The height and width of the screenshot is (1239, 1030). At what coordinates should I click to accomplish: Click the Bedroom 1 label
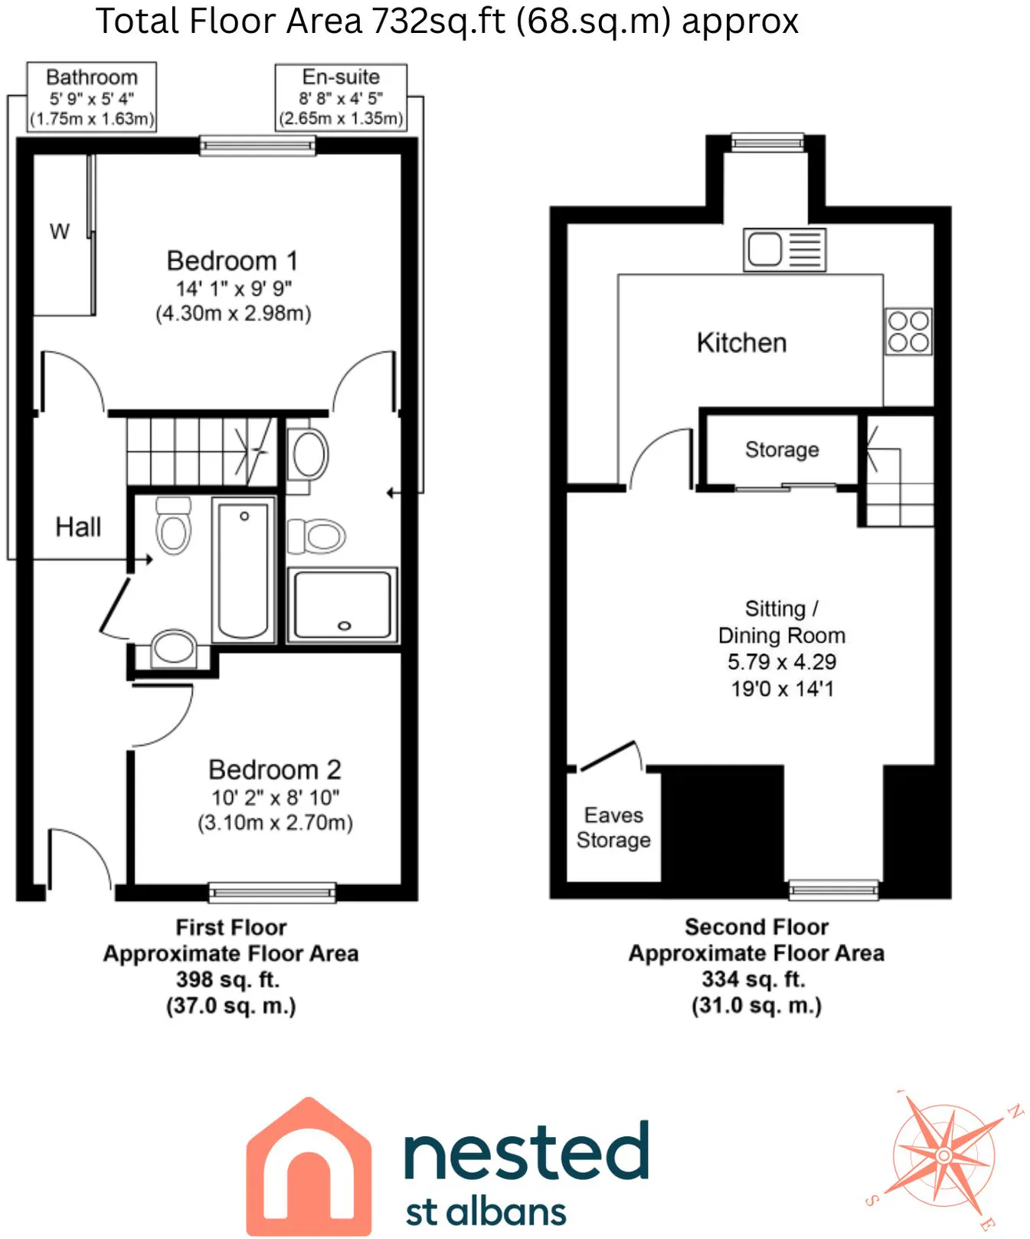pos(232,261)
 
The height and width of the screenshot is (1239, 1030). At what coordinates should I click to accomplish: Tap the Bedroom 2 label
pos(275,769)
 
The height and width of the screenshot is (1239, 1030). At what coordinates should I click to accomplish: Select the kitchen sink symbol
pos(784,250)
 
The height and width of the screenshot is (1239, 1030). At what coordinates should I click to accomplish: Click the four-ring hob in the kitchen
pos(908,332)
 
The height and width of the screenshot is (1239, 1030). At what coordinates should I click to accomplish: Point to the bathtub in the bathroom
pos(244,569)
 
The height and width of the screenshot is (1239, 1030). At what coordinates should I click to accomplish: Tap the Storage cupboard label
pos(782,450)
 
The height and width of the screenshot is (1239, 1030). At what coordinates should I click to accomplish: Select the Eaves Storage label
pos(613,828)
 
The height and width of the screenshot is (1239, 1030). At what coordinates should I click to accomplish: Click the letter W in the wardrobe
pos(60,231)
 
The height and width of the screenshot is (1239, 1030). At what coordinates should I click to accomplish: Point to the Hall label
pos(78,527)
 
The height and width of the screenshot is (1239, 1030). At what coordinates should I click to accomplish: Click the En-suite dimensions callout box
pos(341,97)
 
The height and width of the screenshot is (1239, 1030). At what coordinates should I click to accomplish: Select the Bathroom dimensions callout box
pos(92,97)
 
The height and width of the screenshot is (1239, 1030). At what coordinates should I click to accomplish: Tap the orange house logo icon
pos(309,1165)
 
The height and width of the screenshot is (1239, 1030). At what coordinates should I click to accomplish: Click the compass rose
pos(944,1155)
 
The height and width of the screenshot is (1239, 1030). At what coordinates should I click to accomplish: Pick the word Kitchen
pos(741,343)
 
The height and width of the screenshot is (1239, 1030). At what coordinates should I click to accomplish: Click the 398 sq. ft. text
pos(228,979)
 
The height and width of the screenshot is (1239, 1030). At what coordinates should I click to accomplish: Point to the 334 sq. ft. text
pos(754,979)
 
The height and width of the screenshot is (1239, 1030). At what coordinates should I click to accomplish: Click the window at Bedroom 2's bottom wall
pos(272,892)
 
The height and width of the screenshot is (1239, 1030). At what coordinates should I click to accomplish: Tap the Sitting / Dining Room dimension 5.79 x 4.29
pos(782,662)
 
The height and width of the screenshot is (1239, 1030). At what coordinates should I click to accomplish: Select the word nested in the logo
pos(526,1151)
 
